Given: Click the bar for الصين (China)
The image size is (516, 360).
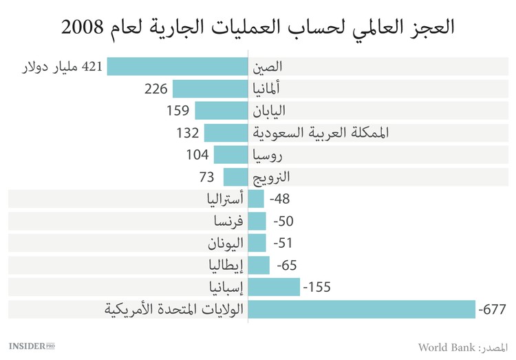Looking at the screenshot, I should coord(178,67).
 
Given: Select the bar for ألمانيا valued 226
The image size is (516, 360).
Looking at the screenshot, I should coord(210,89).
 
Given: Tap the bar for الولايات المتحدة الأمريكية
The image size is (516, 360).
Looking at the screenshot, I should coord(361,309).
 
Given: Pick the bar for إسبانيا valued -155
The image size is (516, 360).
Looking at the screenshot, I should coord(274,287).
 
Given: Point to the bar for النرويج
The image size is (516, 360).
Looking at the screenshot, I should coord(235,177).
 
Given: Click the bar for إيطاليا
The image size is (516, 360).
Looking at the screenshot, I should coord(259,265).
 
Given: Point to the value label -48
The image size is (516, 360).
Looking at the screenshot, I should coord(281,199).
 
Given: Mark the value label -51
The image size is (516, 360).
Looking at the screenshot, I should coord(283,243).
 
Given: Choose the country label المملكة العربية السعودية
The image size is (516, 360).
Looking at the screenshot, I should coord(321,133).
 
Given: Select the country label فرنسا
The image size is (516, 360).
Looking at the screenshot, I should coord(229,221).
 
